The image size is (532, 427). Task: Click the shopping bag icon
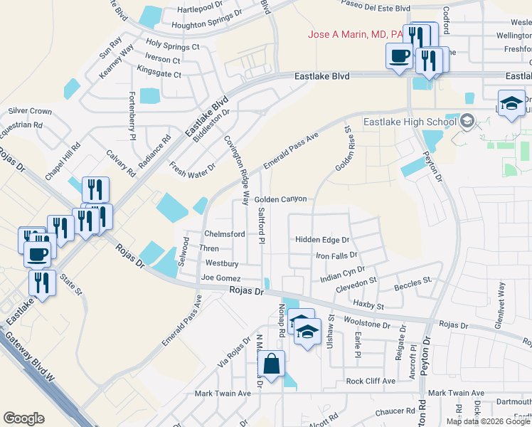[x=272, y=364]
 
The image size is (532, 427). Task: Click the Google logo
[x=23, y=418]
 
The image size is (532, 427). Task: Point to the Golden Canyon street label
[x=280, y=199]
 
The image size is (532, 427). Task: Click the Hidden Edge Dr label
[x=322, y=241]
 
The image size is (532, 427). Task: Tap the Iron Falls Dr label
[x=336, y=255]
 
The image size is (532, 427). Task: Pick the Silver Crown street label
[x=30, y=111]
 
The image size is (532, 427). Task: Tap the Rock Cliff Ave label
[x=370, y=381]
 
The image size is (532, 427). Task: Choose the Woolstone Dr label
[x=367, y=325]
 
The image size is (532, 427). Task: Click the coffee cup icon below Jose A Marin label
[x=398, y=56]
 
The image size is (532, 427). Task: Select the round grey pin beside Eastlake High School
[x=467, y=122]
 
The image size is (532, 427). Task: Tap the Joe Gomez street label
[x=221, y=278]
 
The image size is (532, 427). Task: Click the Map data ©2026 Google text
[x=488, y=421]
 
